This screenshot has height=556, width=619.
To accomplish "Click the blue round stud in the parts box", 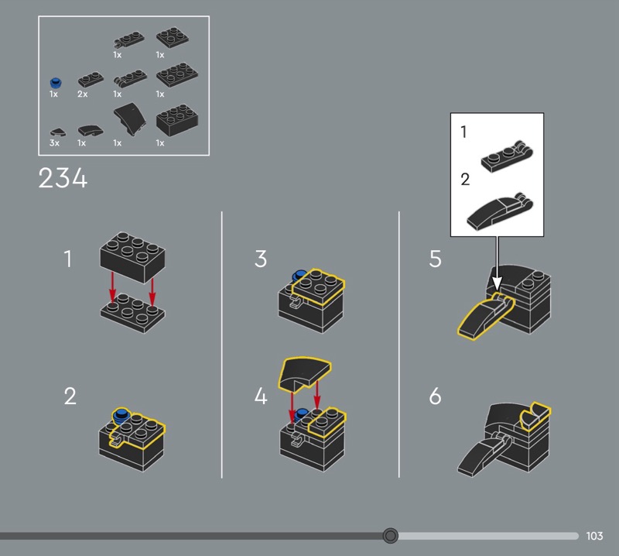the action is point(56,83).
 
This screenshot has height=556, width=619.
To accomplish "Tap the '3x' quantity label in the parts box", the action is point(54,142).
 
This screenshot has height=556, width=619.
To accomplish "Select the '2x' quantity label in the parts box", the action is point(83,94).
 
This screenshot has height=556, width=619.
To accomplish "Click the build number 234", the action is point(63,178).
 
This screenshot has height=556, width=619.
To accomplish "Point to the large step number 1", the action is point(68,259).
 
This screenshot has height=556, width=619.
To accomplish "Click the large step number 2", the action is point(70,396).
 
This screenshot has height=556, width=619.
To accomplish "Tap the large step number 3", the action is point(261,259).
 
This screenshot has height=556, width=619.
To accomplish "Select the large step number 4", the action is point(261,396).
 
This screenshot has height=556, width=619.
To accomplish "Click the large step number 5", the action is point(435,259).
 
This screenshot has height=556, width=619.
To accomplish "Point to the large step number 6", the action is point(435,396).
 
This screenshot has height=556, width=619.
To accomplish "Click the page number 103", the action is point(594,536).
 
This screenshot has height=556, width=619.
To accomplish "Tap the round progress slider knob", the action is point(391,535).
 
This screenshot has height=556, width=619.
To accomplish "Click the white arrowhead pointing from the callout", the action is point(497,283).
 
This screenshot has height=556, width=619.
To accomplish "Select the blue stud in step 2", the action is point(121,416).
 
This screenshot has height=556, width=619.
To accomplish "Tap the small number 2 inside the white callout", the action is point(466,180).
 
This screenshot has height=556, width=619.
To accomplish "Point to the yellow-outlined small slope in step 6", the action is point(535,416).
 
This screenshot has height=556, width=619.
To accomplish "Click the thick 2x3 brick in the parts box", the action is point(177,120).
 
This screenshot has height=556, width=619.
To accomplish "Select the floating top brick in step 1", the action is point(132,257).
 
